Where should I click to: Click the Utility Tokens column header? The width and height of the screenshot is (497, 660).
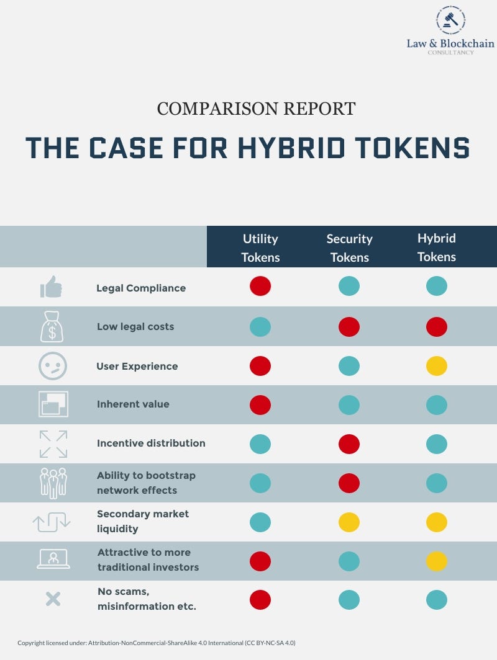pos(260,247)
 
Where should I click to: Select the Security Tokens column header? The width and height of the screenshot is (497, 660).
pos(349,247)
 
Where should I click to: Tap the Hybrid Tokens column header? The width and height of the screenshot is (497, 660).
pos(436,247)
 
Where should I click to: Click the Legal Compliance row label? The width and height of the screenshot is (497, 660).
pos(141,288)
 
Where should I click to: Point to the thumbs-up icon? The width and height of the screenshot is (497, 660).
pos(52,287)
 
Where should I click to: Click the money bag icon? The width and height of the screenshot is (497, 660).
pos(52,327)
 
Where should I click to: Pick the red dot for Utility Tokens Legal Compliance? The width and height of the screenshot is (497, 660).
pos(260,286)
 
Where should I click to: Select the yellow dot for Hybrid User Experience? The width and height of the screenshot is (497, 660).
pos(437,366)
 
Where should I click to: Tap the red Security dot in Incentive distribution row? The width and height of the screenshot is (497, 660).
pos(349,444)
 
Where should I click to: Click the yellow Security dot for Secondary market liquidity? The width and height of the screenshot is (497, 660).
pos(349,522)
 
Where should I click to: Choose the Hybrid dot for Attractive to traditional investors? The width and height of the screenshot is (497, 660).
pos(437,561)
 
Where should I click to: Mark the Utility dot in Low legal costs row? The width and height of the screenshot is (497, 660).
pos(260,326)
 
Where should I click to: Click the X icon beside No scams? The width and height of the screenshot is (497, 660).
pos(53,599)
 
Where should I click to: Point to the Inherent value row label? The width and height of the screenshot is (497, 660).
pos(133,404)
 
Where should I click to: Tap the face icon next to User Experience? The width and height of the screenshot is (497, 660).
pos(52,366)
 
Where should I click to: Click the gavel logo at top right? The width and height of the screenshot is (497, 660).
pos(450,20)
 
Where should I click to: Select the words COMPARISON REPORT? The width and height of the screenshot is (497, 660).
pos(256,109)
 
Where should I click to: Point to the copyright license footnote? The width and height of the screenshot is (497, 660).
pos(156,643)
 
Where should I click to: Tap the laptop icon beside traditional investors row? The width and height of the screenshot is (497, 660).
pos(53,559)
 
